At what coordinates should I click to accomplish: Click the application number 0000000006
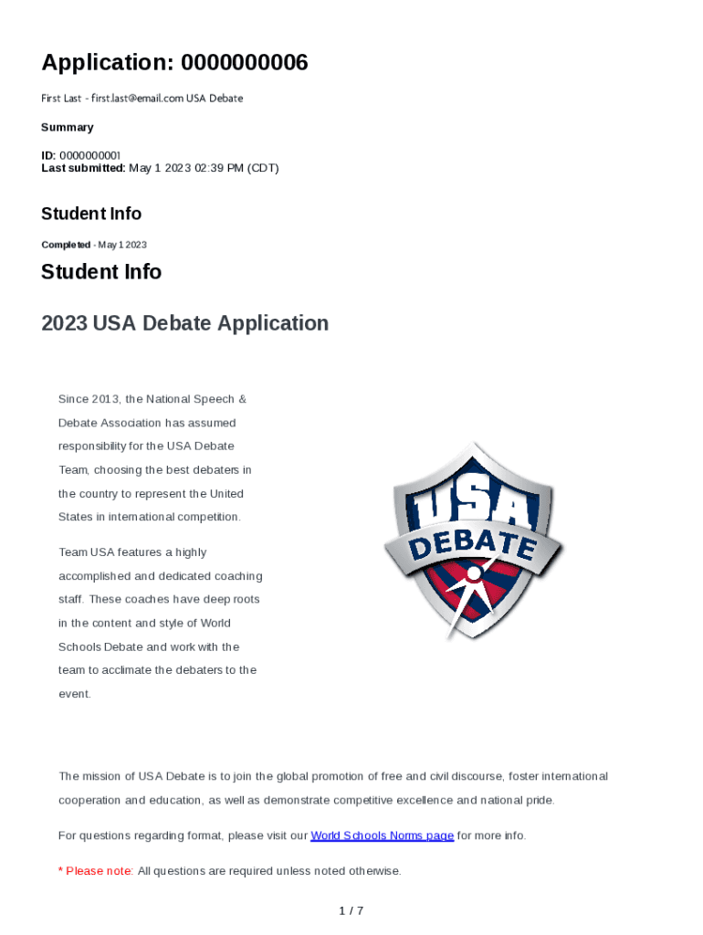point(244,63)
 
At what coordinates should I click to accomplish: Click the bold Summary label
point(68,127)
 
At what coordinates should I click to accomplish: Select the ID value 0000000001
point(90,156)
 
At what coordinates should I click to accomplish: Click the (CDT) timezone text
point(263,168)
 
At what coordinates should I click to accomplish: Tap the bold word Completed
point(66,245)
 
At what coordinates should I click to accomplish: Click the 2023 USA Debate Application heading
point(184,323)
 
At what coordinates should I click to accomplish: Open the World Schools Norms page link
point(382,835)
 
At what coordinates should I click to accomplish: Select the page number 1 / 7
point(351,910)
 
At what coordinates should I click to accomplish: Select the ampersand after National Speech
point(242,399)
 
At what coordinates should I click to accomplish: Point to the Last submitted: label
point(83,168)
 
